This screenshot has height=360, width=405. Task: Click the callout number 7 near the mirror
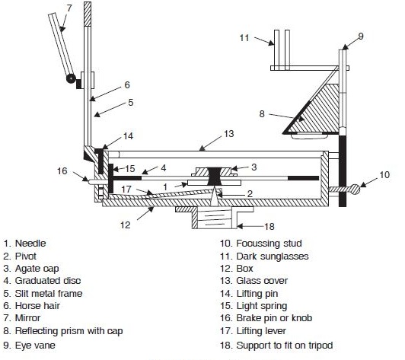tap(69, 8)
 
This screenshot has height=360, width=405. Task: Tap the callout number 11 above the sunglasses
tap(244, 36)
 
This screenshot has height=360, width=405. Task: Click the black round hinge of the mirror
tap(70, 78)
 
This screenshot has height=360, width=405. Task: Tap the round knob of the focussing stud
tap(359, 190)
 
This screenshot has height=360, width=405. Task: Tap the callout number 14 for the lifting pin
tap(129, 136)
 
